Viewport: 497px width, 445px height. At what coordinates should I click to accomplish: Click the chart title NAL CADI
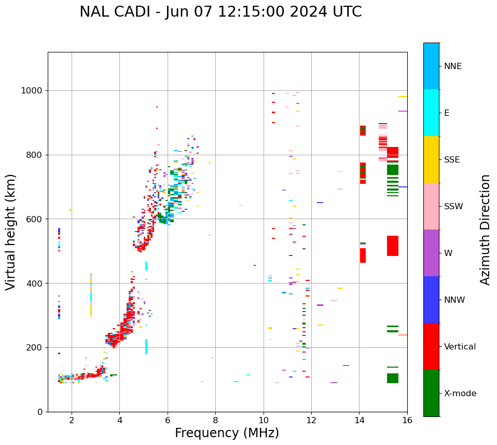(220, 12)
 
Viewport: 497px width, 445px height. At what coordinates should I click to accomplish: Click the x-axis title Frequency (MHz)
(227, 433)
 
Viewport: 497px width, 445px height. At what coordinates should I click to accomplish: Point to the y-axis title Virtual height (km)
(11, 232)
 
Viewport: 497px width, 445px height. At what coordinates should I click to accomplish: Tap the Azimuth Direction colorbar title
(485, 230)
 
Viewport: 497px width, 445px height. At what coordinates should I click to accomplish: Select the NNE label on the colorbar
(452, 66)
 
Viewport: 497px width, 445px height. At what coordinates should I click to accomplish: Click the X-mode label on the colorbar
(460, 394)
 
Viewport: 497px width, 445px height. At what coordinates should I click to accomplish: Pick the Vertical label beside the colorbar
(460, 347)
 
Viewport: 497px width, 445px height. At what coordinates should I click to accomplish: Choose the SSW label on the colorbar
(453, 207)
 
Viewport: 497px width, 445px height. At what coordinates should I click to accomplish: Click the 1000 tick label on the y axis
(32, 91)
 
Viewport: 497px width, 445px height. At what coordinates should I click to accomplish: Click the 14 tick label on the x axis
(359, 420)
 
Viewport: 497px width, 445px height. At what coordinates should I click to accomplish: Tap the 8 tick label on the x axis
(215, 420)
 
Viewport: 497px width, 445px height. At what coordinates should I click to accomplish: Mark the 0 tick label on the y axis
(40, 412)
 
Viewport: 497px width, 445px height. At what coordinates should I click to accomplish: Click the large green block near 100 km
(392, 378)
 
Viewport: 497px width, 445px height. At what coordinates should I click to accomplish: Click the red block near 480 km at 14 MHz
(363, 255)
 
